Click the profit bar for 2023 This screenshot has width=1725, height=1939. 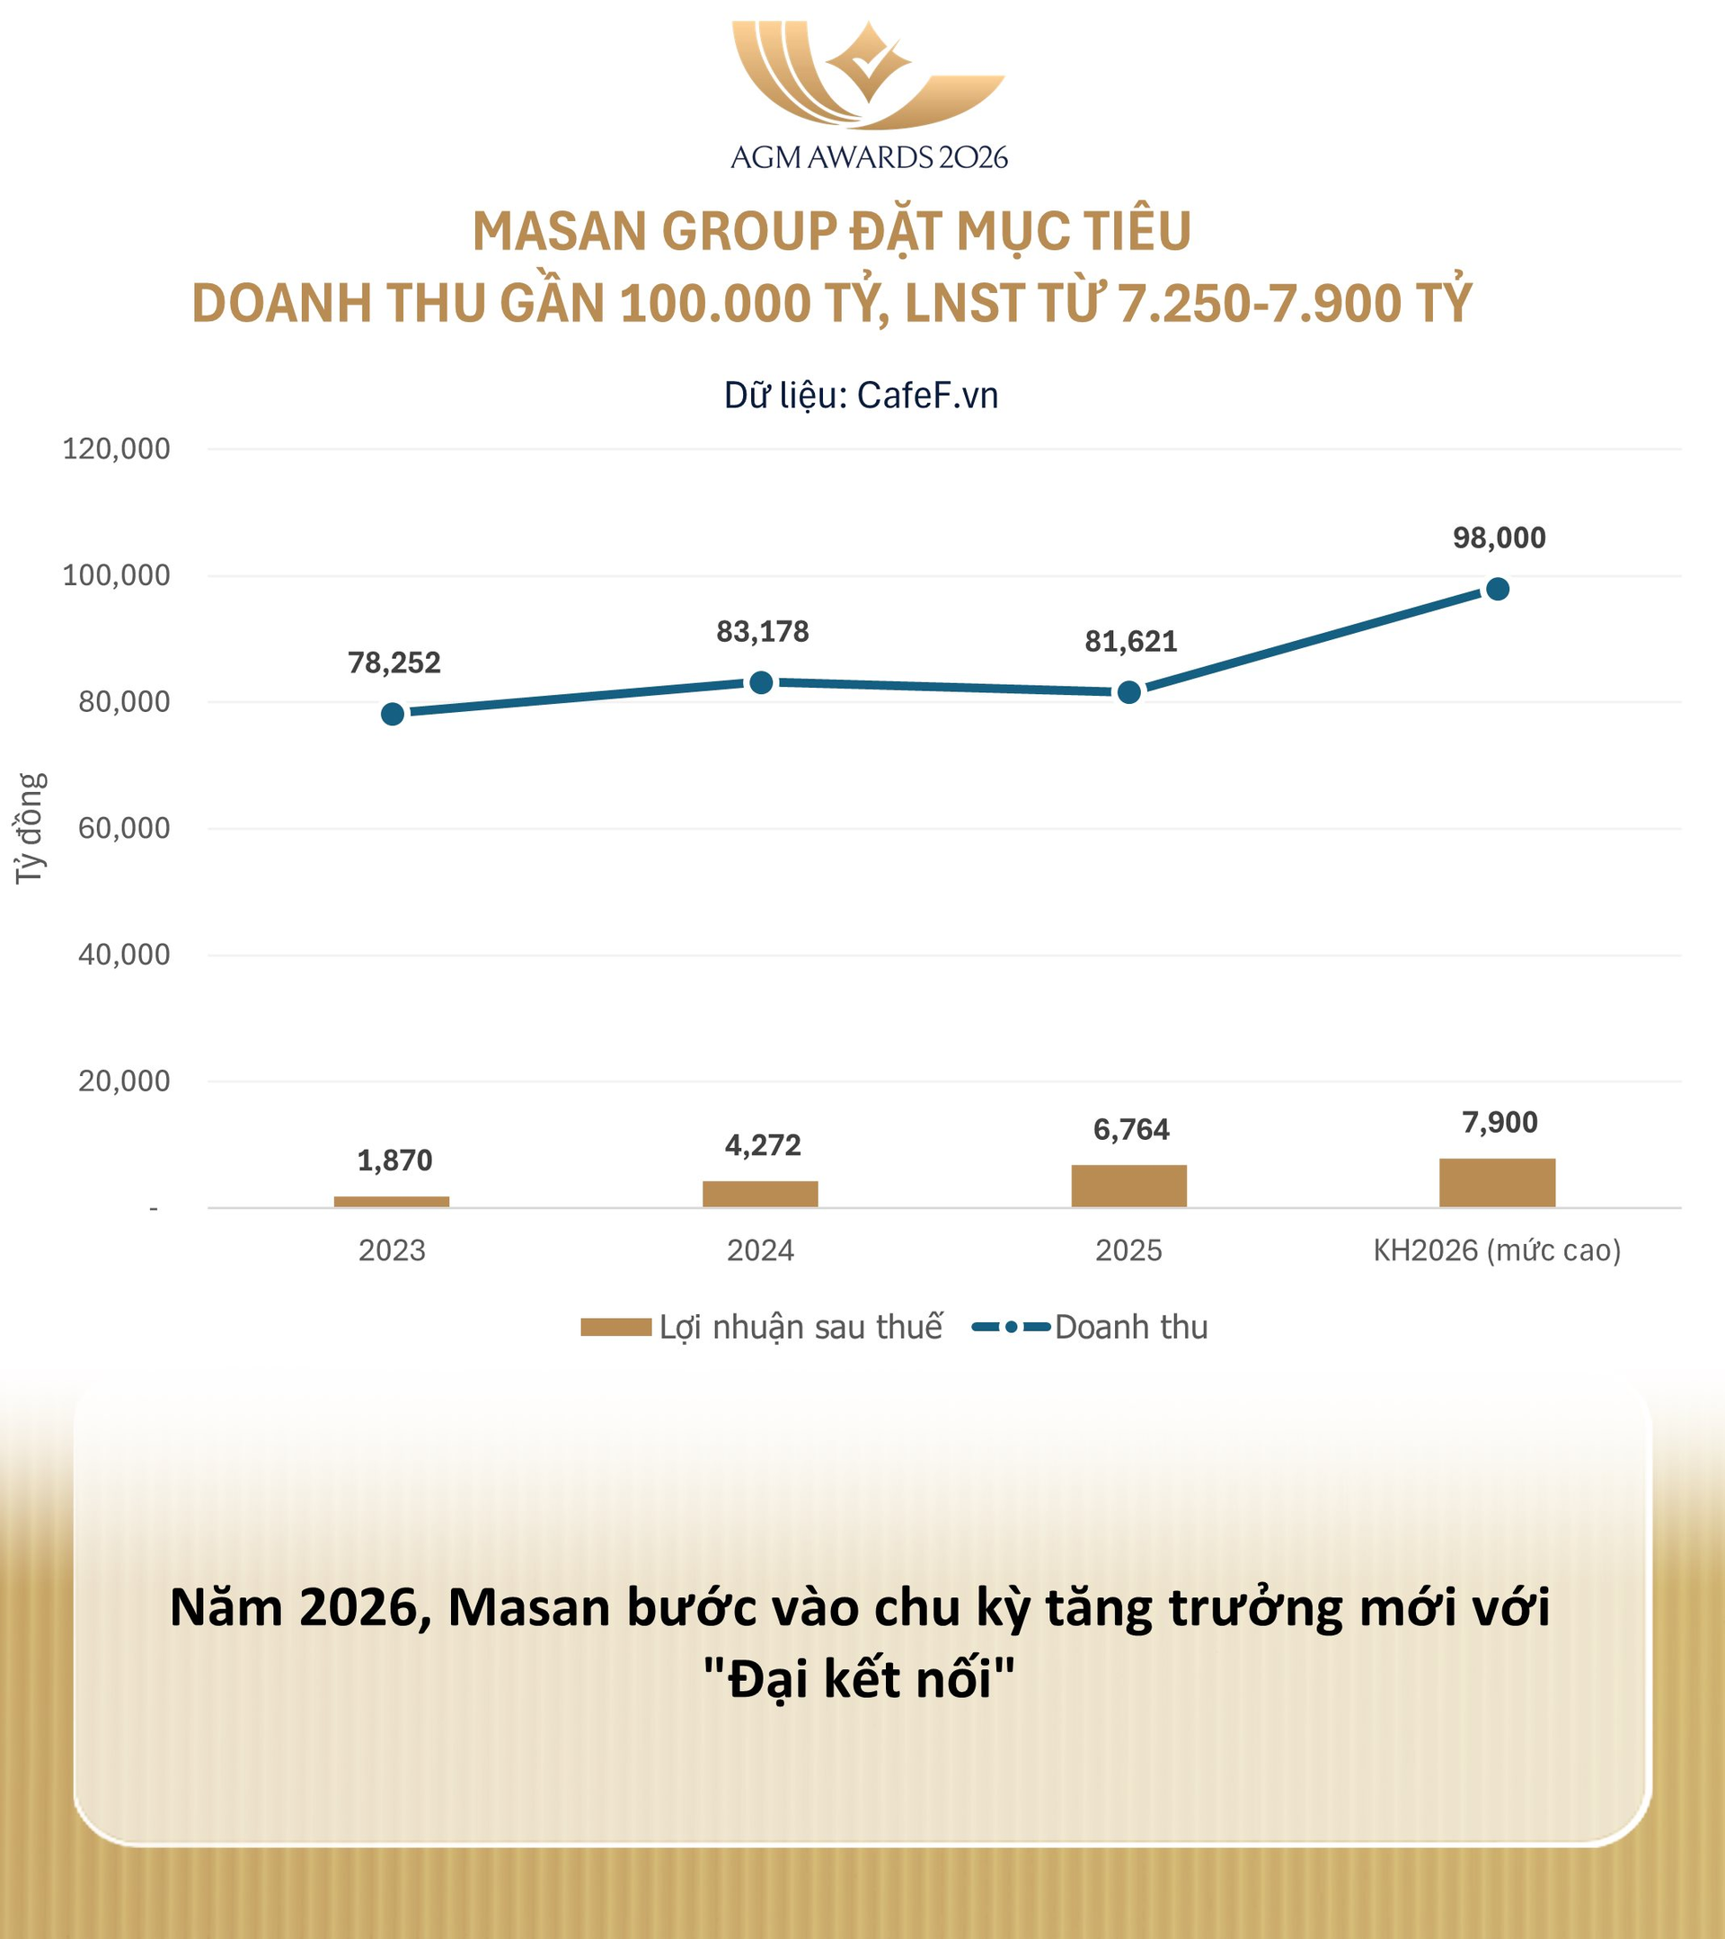[x=392, y=1201]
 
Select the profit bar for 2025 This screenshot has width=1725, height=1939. [x=1128, y=1185]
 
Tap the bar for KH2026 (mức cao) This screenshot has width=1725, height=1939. [x=1497, y=1182]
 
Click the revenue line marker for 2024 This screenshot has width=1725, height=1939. [x=761, y=682]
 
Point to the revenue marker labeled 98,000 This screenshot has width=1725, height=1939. [x=1498, y=589]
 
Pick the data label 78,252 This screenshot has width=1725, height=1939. [x=394, y=663]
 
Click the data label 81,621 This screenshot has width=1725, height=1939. [x=1130, y=641]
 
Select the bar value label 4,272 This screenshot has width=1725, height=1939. [x=763, y=1145]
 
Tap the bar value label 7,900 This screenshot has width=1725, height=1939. [x=1499, y=1122]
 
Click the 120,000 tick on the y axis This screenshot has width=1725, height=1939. [x=116, y=449]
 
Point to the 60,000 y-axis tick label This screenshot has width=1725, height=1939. [x=123, y=828]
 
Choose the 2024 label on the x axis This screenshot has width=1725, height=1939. [x=761, y=1250]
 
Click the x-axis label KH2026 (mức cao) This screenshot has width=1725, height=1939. [x=1497, y=1250]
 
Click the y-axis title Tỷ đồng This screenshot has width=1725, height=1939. [x=31, y=828]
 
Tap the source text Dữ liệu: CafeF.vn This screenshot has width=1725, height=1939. [x=861, y=396]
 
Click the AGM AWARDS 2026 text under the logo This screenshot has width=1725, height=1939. [x=869, y=157]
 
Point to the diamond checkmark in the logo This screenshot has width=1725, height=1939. [x=868, y=62]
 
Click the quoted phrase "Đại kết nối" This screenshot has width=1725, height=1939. [x=859, y=1679]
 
